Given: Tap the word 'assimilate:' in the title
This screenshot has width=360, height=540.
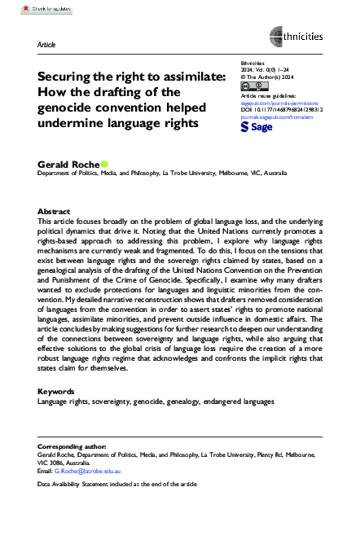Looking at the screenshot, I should [x=186, y=75].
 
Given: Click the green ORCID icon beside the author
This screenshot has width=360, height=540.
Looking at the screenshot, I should [x=103, y=164].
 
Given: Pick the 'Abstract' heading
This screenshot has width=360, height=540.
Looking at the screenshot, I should [x=54, y=210].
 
